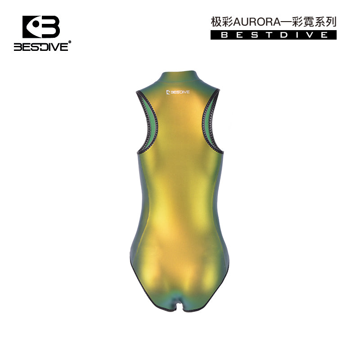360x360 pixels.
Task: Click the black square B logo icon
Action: click(41, 27)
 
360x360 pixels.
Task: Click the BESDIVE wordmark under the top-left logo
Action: click(41, 47)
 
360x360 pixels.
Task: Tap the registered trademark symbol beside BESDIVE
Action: click(70, 42)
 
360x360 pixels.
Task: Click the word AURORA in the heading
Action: click(257, 22)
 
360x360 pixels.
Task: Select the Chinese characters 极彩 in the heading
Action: click(222, 22)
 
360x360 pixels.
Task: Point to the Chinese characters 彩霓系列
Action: click(314, 22)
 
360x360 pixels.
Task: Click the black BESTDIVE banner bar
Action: click(274, 35)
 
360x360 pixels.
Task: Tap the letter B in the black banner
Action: click(224, 35)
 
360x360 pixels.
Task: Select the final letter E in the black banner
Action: click(324, 35)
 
